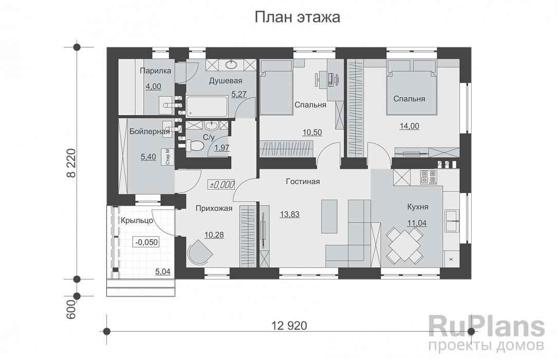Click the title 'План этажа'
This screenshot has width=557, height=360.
(x=298, y=17)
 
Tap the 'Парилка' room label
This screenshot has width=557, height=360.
(x=154, y=72)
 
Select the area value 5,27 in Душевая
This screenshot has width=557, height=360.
(x=239, y=94)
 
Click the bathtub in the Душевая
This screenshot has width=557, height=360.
(x=207, y=106)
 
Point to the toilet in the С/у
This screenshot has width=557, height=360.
(x=196, y=146)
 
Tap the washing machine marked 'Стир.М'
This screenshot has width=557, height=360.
(x=168, y=157)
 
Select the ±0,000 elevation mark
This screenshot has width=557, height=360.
(x=221, y=185)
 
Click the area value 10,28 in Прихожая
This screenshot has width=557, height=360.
(x=214, y=235)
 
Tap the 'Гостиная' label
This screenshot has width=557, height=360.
(x=303, y=182)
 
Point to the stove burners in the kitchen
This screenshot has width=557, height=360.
(x=428, y=177)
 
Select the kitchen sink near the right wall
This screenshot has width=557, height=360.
(x=452, y=220)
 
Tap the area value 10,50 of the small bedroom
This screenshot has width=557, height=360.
(x=312, y=132)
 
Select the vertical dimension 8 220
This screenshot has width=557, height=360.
(x=71, y=164)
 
